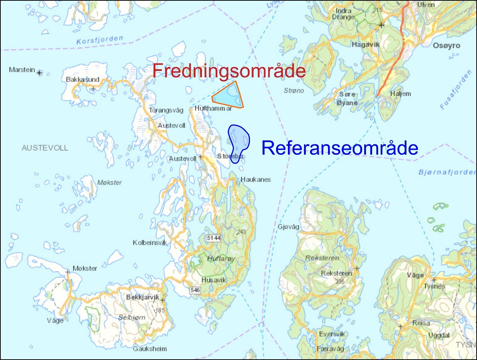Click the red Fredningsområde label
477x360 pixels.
click(229, 71)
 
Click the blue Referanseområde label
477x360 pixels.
click(339, 148)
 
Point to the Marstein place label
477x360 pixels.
click(22, 69)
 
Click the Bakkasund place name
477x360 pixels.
click(82, 80)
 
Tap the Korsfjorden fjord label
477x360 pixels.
click(100, 40)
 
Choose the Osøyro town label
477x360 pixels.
click(446, 46)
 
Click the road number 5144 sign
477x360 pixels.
click(213, 238)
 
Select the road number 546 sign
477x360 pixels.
click(195, 290)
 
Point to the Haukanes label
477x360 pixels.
click(256, 179)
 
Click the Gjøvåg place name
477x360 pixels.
click(288, 227)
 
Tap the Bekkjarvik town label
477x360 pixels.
click(143, 297)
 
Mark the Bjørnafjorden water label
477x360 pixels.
click(447, 172)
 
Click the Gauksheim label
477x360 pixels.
click(150, 349)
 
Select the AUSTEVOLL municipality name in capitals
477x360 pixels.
click(45, 148)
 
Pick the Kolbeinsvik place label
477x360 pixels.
click(150, 243)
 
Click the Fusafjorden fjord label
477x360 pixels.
click(456, 90)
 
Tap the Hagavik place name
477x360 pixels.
click(365, 45)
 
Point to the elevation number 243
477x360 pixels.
click(241, 232)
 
